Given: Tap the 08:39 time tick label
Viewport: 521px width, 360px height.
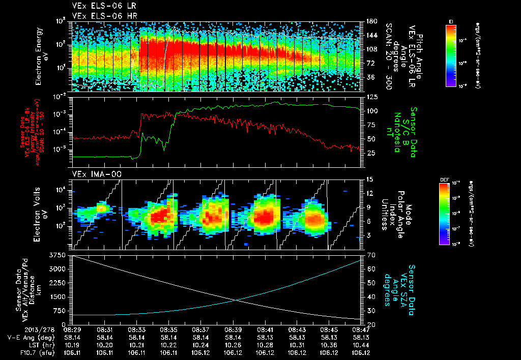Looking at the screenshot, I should [x=233, y=329].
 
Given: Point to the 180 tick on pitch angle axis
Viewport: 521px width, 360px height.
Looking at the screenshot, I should [x=371, y=21].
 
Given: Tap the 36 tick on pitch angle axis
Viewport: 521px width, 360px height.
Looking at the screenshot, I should [x=370, y=77].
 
